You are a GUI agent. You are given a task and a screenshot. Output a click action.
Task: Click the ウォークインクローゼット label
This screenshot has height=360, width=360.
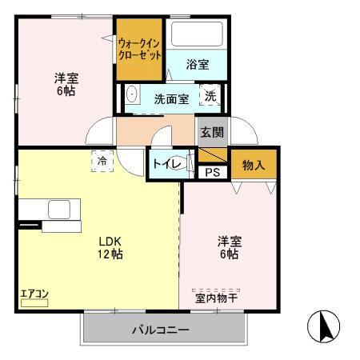coord(140,50)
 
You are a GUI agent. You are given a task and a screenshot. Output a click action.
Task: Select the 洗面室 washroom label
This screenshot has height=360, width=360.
coord(172,98)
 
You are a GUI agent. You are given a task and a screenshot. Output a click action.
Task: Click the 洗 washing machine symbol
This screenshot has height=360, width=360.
coord(210,95)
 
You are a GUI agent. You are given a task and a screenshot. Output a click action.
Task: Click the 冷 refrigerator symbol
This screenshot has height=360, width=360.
coord(102,161)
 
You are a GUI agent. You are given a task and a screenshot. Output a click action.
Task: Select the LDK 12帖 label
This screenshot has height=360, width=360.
coord(110,247)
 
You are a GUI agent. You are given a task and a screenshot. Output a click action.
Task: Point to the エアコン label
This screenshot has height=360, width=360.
coord(34,294)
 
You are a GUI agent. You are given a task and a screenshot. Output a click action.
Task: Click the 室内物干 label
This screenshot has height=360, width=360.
coord(216,299)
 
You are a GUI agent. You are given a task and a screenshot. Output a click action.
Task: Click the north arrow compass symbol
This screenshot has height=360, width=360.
coord(325,326)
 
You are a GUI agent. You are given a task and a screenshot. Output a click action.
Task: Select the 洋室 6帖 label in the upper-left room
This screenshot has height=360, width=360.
coord(66,84)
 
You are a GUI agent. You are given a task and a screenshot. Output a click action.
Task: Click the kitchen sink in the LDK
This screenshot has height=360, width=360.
coord(59,210)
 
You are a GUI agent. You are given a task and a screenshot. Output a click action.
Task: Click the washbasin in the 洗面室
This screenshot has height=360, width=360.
coord(133,93)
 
